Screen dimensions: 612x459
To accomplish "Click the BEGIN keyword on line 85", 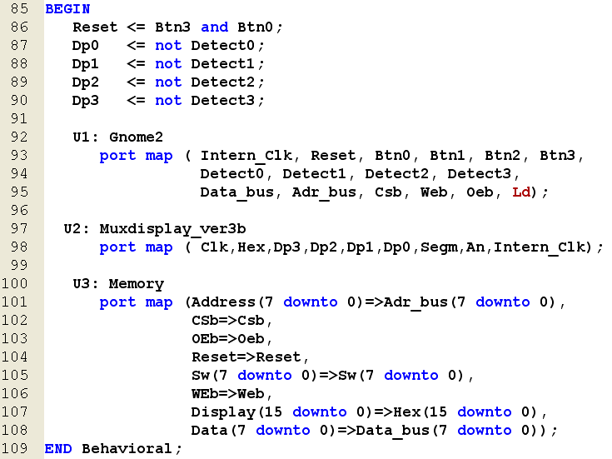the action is coord(67,9).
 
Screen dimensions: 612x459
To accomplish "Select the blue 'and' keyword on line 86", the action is coord(214,27).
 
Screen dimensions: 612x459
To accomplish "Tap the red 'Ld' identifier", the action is coord(521,192).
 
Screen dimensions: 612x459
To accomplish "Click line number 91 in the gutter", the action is coord(18,119).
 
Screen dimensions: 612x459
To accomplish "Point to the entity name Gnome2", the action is coord(136,137).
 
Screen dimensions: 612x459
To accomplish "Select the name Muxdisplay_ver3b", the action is coord(172,229).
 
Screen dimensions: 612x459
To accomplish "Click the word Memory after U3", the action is coord(137,284).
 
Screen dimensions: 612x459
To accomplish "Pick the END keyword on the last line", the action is coord(58,449).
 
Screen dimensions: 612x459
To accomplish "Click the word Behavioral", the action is coord(127,449).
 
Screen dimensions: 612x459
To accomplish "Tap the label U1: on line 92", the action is coord(86,137).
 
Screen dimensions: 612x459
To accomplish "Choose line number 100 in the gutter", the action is coord(15,283).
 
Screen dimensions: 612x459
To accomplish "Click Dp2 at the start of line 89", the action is coord(86,82).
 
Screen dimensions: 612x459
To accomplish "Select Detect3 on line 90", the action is coord(223,101).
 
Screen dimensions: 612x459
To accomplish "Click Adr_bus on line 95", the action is coord(325,192).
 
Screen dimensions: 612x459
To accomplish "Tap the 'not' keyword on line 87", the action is coord(168,46).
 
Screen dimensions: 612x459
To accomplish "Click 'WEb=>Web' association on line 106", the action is coord(228,394).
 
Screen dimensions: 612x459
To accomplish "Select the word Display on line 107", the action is coord(223,412).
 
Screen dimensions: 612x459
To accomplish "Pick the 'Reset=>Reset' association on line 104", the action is coord(246,357).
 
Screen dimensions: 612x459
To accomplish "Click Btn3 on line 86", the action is coord(172,27).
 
